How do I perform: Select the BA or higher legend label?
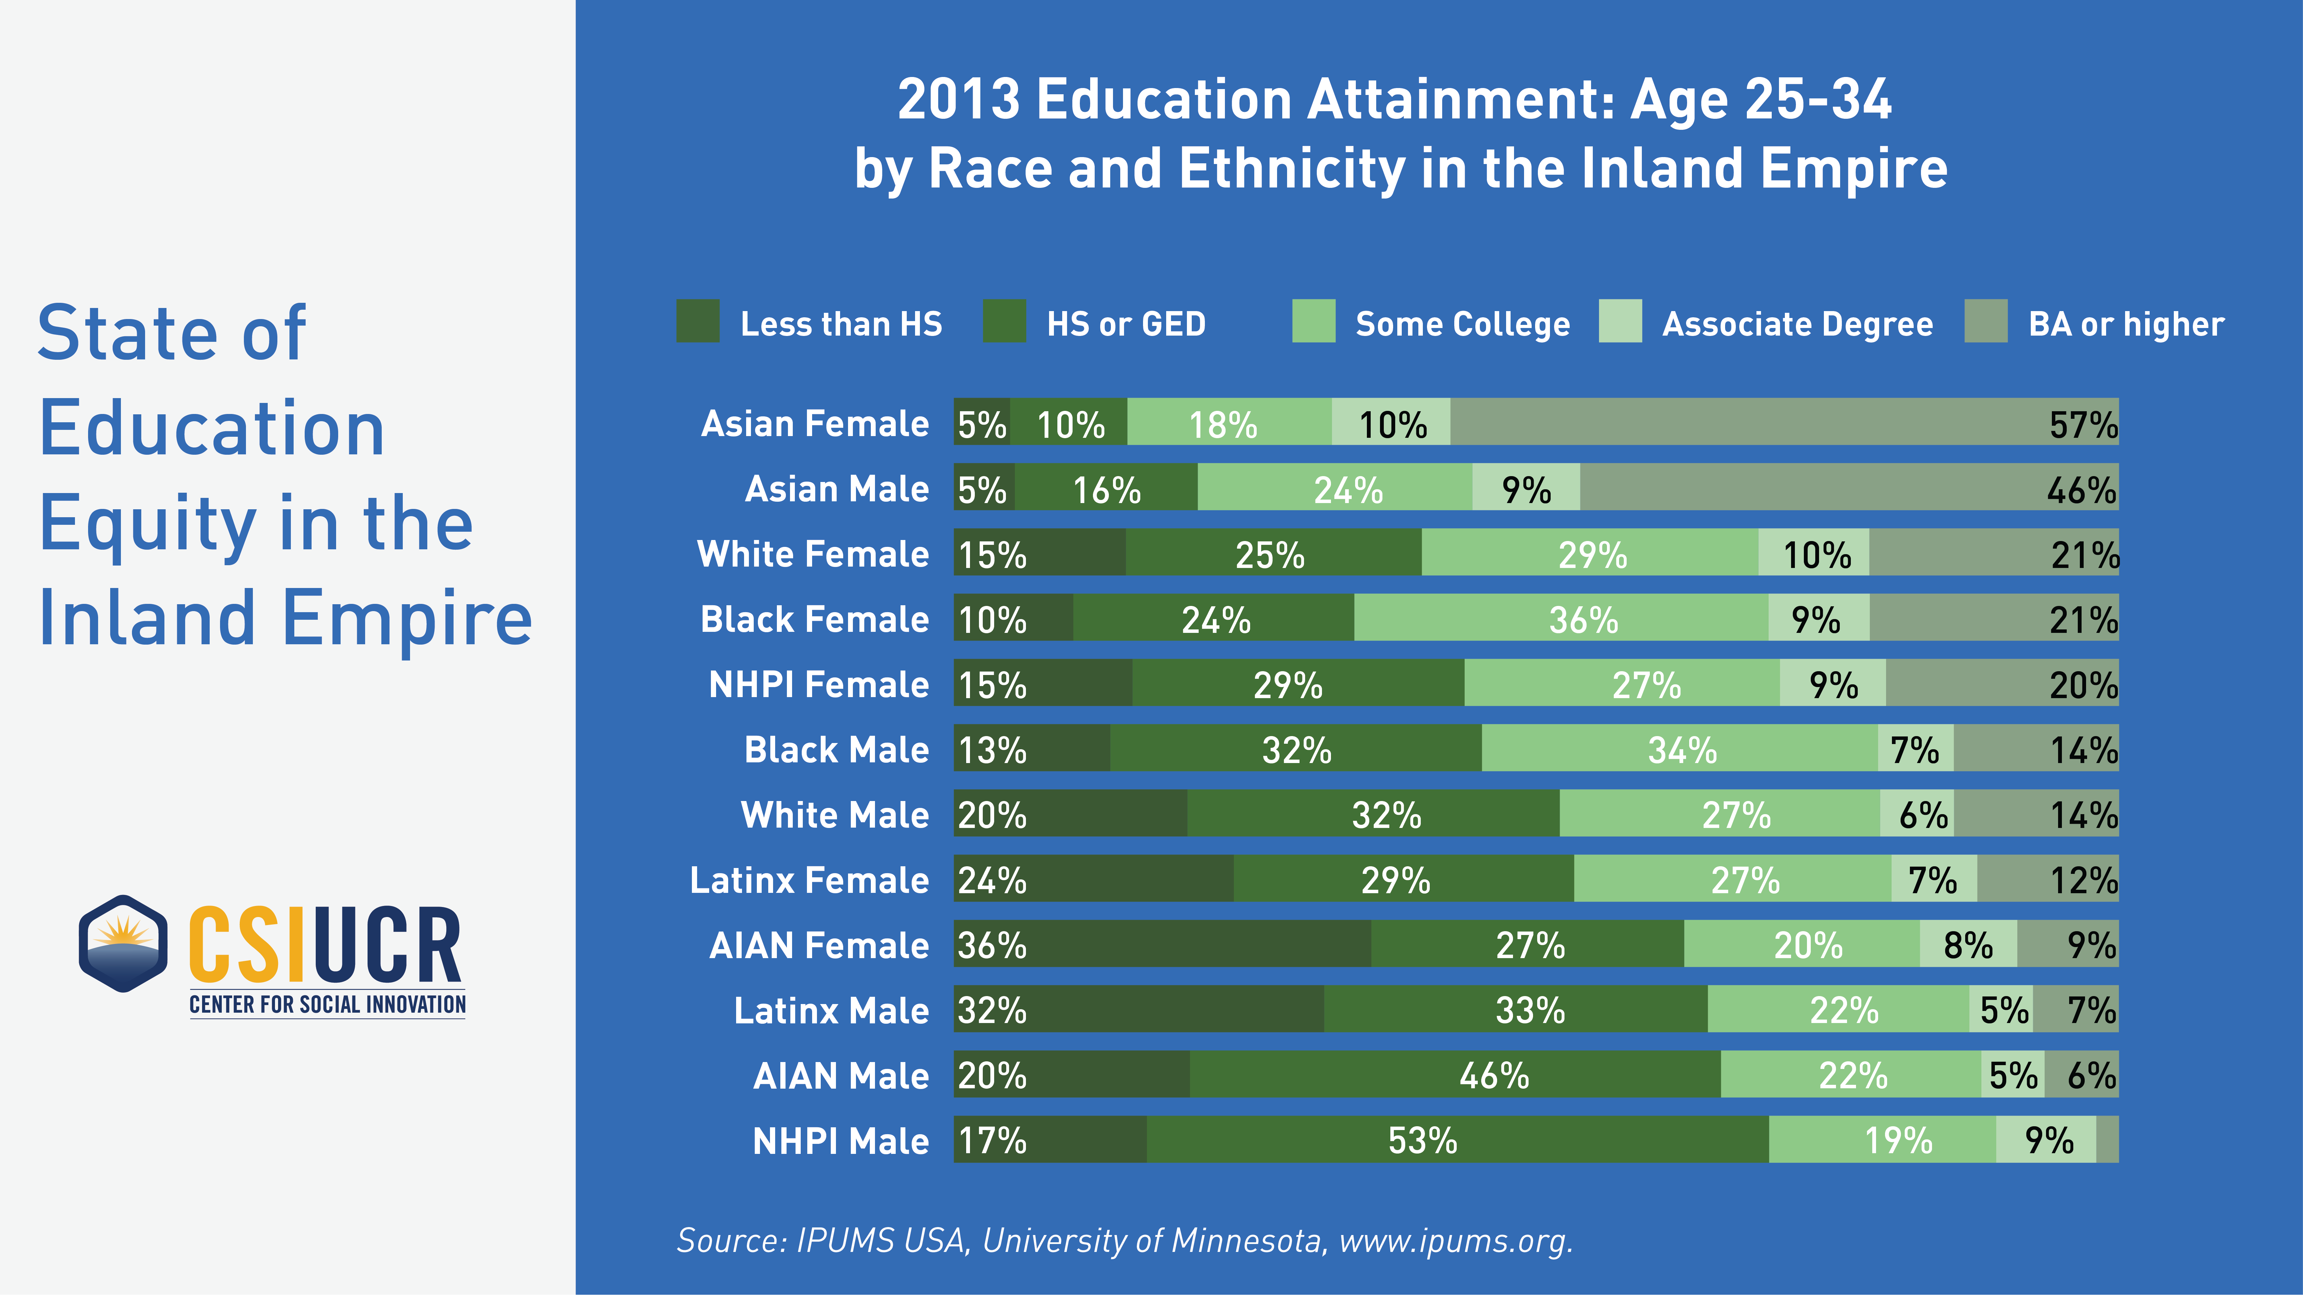click(2126, 324)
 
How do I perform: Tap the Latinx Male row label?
click(831, 1011)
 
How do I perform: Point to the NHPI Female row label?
click(818, 684)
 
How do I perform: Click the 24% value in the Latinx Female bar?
click(993, 880)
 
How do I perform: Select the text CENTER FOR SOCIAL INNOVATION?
click(327, 1004)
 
